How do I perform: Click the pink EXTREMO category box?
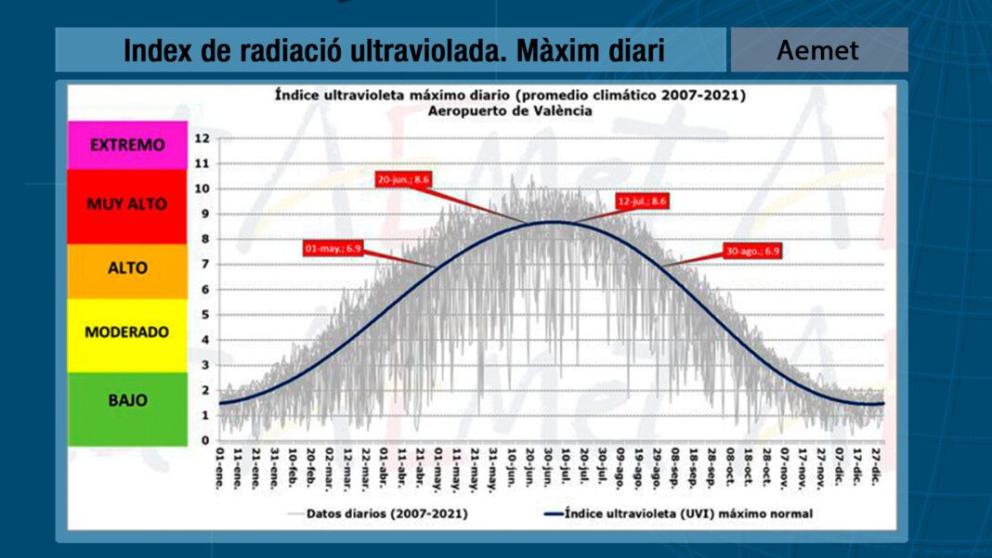[127, 145]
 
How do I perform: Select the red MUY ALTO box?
[127, 204]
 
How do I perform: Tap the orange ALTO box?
[127, 267]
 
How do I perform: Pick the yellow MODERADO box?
[127, 331]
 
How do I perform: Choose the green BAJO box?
[127, 400]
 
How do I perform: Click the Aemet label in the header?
[818, 50]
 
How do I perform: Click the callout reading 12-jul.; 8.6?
[642, 201]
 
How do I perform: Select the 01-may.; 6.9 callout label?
[333, 248]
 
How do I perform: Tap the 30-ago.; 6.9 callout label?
[752, 251]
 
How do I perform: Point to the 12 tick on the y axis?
[202, 138]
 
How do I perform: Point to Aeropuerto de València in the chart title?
[510, 110]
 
